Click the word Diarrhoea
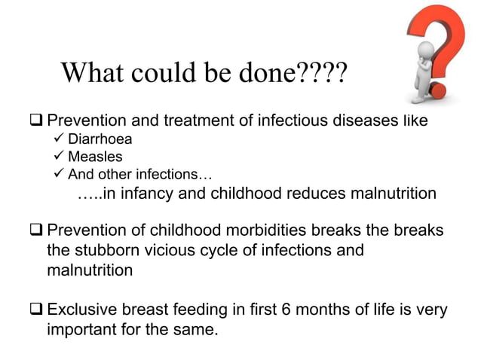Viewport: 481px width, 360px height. tap(100, 139)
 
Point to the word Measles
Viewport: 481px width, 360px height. tap(94, 157)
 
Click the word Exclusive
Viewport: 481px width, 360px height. tap(81, 310)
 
